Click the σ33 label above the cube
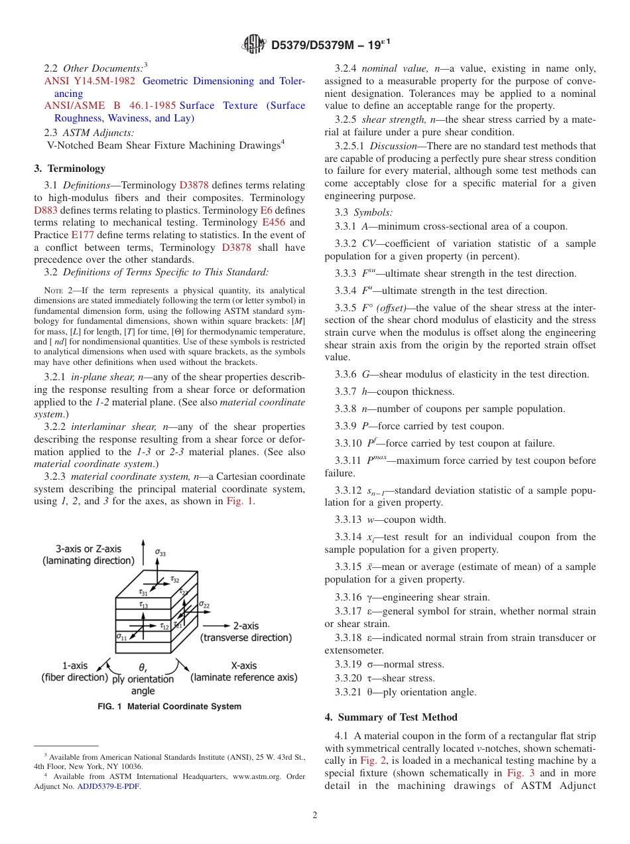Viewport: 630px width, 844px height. pyautogui.click(x=161, y=551)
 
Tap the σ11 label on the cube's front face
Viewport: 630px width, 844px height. pyautogui.click(x=121, y=637)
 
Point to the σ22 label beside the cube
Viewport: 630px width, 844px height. pyautogui.click(x=205, y=604)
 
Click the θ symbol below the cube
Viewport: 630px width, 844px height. pyautogui.click(x=143, y=668)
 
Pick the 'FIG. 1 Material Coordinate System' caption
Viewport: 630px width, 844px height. pyautogui.click(x=169, y=707)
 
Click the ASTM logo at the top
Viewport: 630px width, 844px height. pyautogui.click(x=254, y=45)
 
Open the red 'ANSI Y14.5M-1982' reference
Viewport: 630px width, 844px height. pyautogui.click(x=90, y=81)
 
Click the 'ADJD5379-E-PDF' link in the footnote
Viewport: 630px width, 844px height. pyautogui.click(x=109, y=786)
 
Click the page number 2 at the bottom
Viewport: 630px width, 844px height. pyautogui.click(x=315, y=815)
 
